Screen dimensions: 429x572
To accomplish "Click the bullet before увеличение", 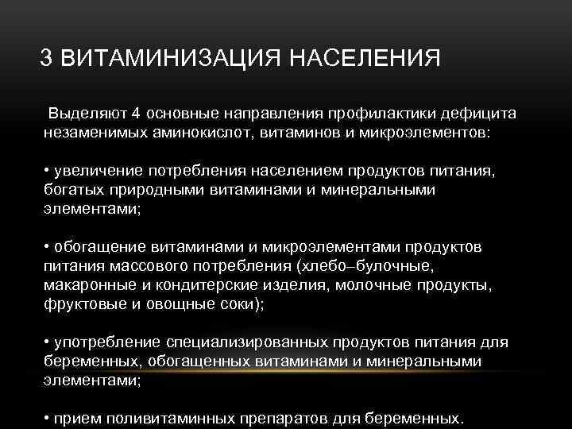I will click(x=47, y=172).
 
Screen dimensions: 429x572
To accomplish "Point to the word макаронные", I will click(x=87, y=285).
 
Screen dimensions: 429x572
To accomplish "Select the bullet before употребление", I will click(x=47, y=342).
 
